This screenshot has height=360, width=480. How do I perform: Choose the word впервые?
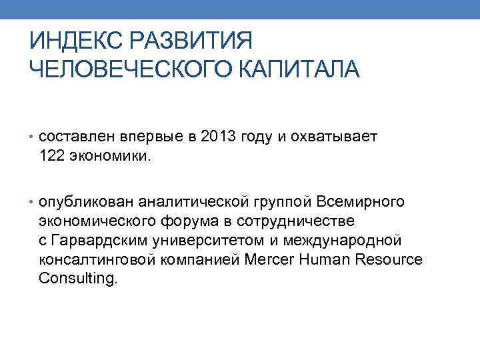coord(151,137)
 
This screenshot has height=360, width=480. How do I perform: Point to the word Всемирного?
coord(360,201)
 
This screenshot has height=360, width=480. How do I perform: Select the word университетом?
coord(209,239)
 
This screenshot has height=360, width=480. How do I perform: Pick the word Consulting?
coord(77,278)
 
